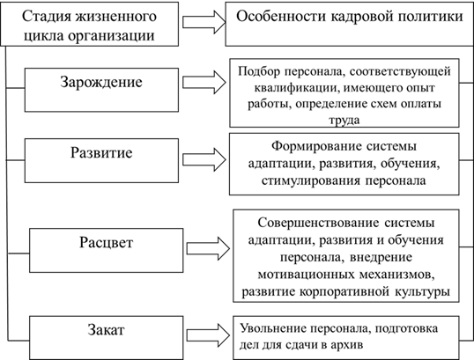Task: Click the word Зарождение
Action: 101,83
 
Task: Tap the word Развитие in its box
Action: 101,152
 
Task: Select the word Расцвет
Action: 106,243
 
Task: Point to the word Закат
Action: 106,330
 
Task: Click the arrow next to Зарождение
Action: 204,83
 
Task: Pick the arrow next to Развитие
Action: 204,160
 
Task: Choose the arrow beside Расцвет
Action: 208,248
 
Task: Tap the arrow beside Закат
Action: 208,335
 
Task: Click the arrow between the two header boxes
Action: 204,22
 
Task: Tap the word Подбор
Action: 258,71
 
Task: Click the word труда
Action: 344,121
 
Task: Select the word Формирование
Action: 316,146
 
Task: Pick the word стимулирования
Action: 311,180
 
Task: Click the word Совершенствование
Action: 318,223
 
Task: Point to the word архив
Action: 347,345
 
